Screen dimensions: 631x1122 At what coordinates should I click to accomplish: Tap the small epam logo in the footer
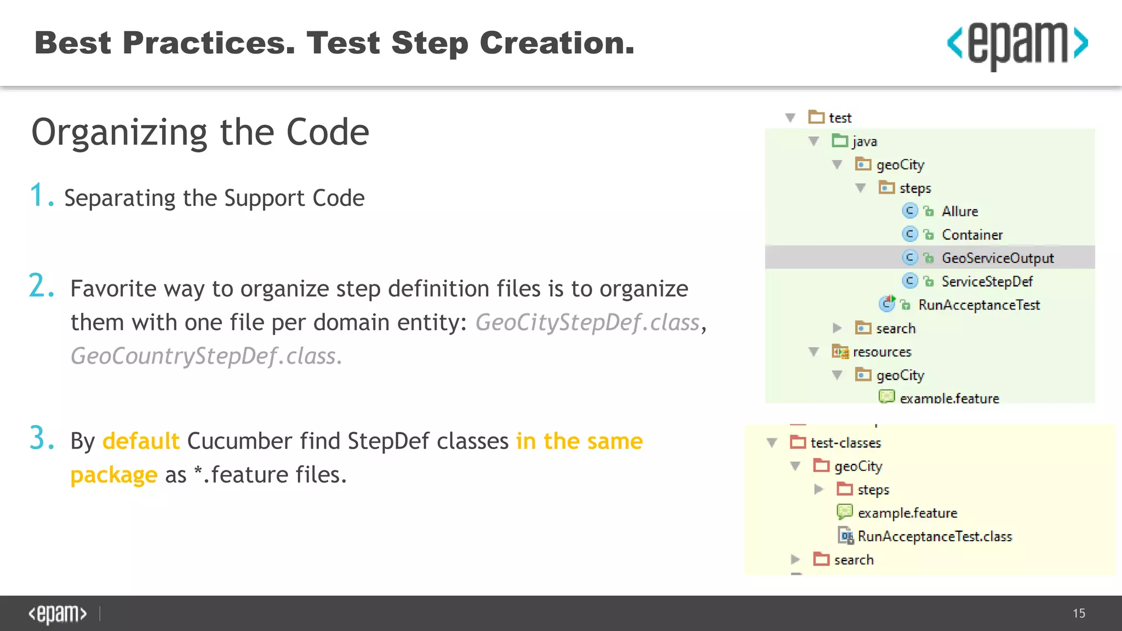point(58,613)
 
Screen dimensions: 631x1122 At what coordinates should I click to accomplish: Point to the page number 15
point(1079,613)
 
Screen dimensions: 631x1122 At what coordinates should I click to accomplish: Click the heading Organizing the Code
point(200,133)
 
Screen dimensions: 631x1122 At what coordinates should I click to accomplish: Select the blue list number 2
point(42,286)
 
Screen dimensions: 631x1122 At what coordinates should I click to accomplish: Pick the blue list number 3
point(42,439)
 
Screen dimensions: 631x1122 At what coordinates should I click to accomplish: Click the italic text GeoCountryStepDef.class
point(206,356)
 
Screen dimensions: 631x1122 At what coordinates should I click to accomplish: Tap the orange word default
point(141,441)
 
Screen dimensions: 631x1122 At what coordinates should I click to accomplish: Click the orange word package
point(114,475)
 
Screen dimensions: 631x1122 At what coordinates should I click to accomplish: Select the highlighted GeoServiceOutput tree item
point(997,258)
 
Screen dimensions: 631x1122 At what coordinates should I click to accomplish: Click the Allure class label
point(959,211)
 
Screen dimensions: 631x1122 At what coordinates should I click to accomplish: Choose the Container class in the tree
point(972,235)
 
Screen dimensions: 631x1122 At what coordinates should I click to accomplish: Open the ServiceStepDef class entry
point(987,282)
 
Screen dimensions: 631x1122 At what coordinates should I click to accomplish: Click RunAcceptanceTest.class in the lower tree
point(935,536)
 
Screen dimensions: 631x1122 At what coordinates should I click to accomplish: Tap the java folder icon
point(839,141)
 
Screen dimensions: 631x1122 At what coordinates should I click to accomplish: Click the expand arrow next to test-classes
point(772,443)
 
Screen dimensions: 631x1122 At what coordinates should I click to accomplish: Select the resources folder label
point(881,352)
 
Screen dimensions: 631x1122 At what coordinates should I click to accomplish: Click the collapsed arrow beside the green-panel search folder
point(837,328)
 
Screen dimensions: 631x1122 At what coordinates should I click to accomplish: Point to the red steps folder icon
point(845,489)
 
